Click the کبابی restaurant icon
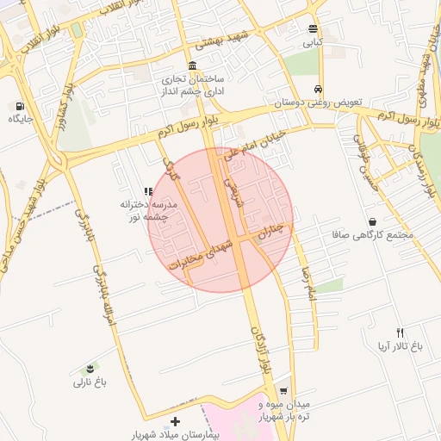[312, 28]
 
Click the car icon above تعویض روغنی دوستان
[319, 90]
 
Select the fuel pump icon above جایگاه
[18, 106]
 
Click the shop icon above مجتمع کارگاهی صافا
[371, 221]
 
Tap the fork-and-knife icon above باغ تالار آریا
[400, 332]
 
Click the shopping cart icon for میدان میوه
[283, 390]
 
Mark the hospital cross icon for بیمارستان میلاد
[176, 422]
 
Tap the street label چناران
[276, 231]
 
